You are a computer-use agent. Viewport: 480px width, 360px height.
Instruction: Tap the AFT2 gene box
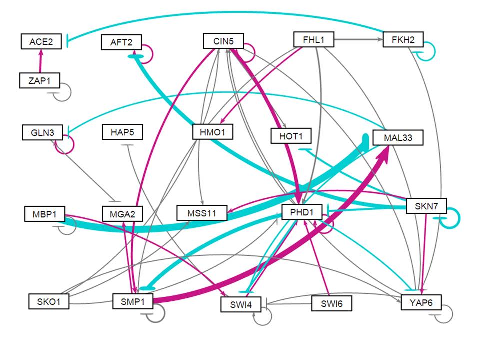click(121, 42)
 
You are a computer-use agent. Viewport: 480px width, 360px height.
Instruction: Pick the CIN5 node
click(223, 41)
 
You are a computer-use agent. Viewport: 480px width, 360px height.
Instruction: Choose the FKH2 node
click(403, 39)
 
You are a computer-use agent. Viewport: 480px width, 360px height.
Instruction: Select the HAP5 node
click(122, 133)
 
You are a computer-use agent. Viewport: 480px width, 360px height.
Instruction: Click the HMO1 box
click(213, 132)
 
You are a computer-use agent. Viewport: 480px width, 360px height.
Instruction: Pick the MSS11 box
click(202, 213)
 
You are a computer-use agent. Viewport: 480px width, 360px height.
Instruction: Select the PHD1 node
click(301, 213)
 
